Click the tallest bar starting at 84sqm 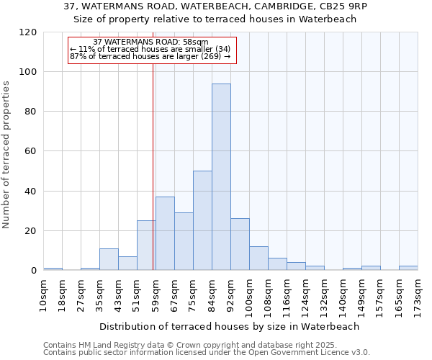(x=221, y=176)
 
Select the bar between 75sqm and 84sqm (x=202, y=220)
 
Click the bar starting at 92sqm (x=240, y=244)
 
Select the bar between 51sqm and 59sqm (x=146, y=246)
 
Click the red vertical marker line (x=153, y=158)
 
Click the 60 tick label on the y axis (x=31, y=152)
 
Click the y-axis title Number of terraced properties (x=7, y=155)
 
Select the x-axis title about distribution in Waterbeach (x=229, y=326)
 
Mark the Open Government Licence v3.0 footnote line (x=207, y=353)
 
